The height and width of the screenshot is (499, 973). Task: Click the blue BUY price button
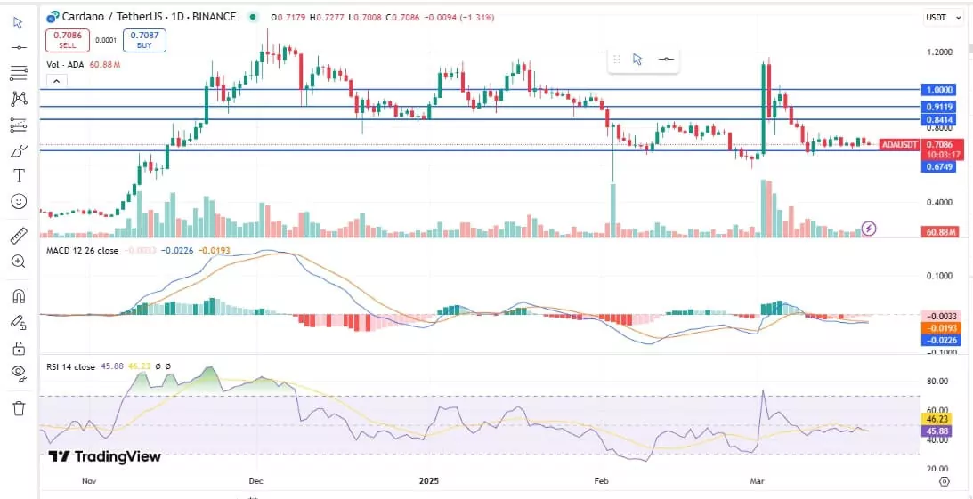144,39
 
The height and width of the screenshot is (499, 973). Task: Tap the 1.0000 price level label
939,90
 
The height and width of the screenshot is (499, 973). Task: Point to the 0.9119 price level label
939,106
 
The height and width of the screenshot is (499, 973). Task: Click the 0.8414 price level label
939,119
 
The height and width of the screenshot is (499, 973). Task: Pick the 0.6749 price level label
939,166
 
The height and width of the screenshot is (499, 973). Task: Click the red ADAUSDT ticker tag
898,144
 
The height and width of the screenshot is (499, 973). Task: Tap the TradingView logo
105,456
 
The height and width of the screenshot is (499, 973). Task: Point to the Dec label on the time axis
255,480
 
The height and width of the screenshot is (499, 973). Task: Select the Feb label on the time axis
602,480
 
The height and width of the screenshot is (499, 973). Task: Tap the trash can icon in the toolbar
19,408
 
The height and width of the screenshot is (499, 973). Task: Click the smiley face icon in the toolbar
19,201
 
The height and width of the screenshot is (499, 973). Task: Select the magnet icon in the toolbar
19,295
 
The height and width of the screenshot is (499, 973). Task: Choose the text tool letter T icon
19,175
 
